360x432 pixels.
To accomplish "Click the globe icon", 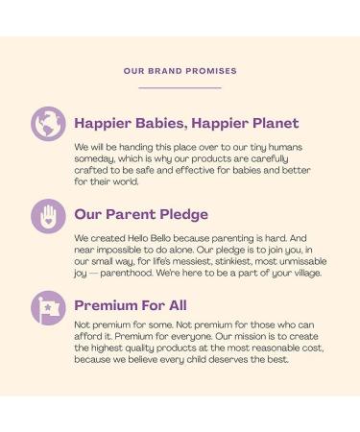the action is [48, 124].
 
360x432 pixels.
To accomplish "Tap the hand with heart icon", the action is [48, 216].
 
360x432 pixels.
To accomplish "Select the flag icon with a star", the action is [48, 308].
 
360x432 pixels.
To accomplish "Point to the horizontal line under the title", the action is [180, 87].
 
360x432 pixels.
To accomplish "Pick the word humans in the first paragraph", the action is [285, 147].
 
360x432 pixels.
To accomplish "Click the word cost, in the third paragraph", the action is [313, 348].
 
